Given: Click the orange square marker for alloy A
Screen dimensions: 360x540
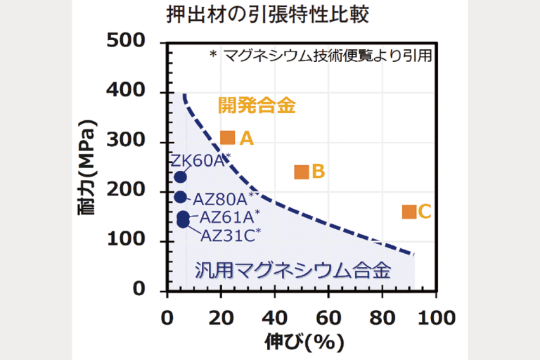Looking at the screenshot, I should click(x=227, y=138).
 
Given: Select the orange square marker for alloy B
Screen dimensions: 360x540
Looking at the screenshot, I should click(x=301, y=172).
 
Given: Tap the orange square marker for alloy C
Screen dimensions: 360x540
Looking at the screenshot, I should click(x=409, y=211).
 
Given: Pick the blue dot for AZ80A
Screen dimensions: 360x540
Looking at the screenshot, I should click(x=180, y=198).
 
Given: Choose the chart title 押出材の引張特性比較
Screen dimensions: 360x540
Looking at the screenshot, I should click(x=269, y=15).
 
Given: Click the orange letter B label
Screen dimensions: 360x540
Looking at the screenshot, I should click(x=318, y=171).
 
